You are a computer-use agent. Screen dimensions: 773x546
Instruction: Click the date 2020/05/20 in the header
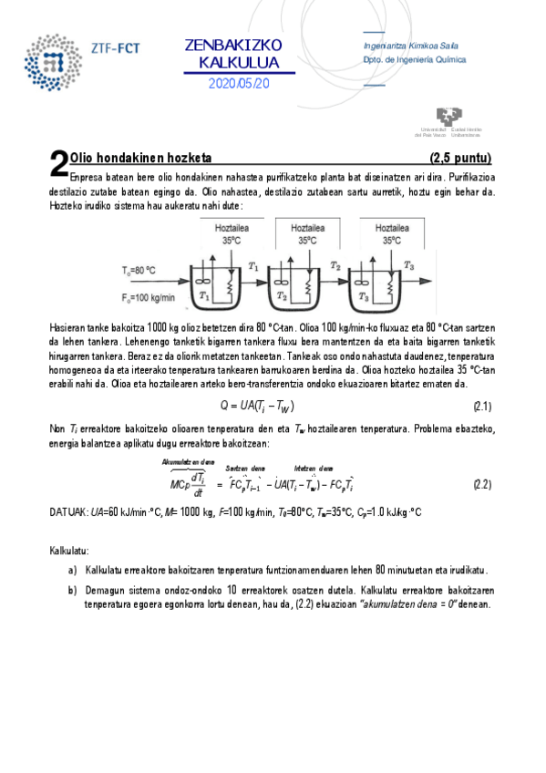239,83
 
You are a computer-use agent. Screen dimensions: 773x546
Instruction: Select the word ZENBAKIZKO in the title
233,46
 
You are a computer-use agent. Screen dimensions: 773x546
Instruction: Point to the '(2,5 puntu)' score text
460,157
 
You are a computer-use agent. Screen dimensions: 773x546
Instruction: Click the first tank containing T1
214,286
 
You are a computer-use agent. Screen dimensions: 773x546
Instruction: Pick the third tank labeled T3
373,286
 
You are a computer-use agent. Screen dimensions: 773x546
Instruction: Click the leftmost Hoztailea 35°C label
231,234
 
